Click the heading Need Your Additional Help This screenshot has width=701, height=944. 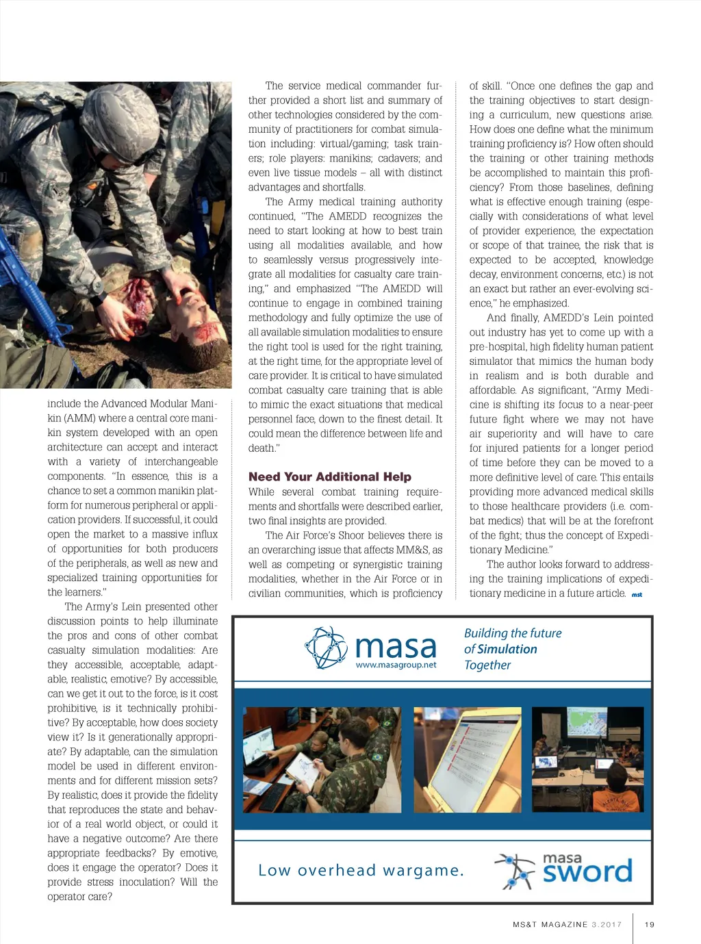pos(329,476)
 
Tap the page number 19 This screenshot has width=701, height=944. pos(650,924)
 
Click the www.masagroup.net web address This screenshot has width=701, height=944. pos(396,665)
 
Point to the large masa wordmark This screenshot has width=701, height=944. pos(396,645)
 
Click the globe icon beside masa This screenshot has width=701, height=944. pos(327,648)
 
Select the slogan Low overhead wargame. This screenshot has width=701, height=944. pos(361,870)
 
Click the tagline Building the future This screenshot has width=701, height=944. pos(513,633)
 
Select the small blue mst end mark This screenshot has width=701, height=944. pos(637,595)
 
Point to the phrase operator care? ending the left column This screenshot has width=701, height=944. pos(79,896)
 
